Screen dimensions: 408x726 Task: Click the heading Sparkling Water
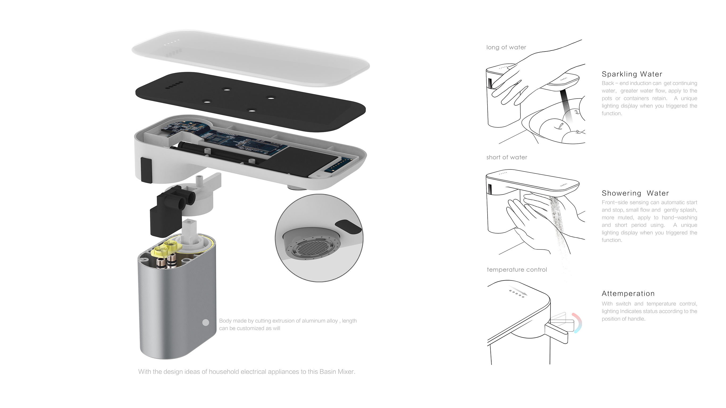(632, 74)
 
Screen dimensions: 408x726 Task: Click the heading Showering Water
(635, 193)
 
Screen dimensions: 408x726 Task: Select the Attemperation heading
(628, 294)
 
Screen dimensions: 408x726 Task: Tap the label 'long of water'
(506, 48)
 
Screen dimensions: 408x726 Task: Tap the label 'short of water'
(507, 158)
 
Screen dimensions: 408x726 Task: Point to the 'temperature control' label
(517, 270)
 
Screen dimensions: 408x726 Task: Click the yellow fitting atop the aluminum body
(166, 248)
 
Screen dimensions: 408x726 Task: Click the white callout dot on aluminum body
(206, 323)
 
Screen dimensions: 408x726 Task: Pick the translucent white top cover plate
(251, 58)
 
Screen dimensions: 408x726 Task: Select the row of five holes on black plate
(174, 85)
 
